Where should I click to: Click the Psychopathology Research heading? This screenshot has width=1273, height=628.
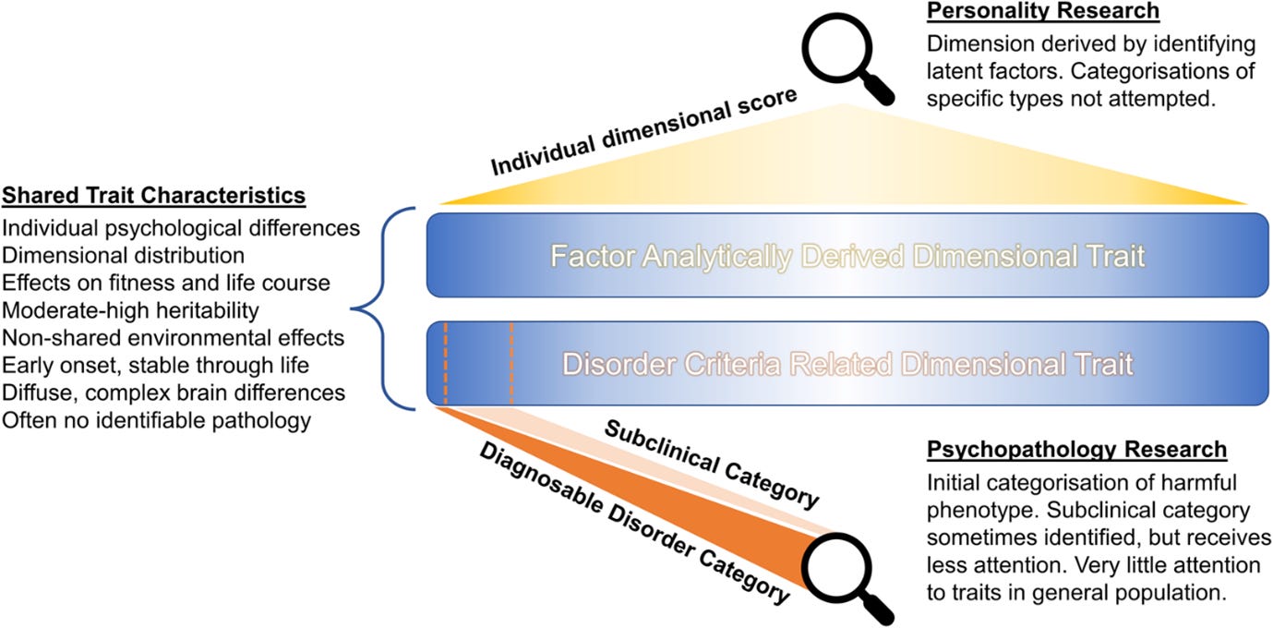pyautogui.click(x=1076, y=450)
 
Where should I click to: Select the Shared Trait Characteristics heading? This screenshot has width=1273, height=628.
pyautogui.click(x=155, y=196)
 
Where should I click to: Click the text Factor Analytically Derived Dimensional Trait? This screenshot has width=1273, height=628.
pyautogui.click(x=847, y=256)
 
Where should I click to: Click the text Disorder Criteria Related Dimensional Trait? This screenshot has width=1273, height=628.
pyautogui.click(x=847, y=364)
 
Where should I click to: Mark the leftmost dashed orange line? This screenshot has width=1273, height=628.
pyautogui.click(x=445, y=364)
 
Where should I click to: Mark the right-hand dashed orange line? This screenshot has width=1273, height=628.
pyautogui.click(x=510, y=364)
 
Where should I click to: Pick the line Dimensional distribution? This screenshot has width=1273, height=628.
pyautogui.click(x=124, y=255)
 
